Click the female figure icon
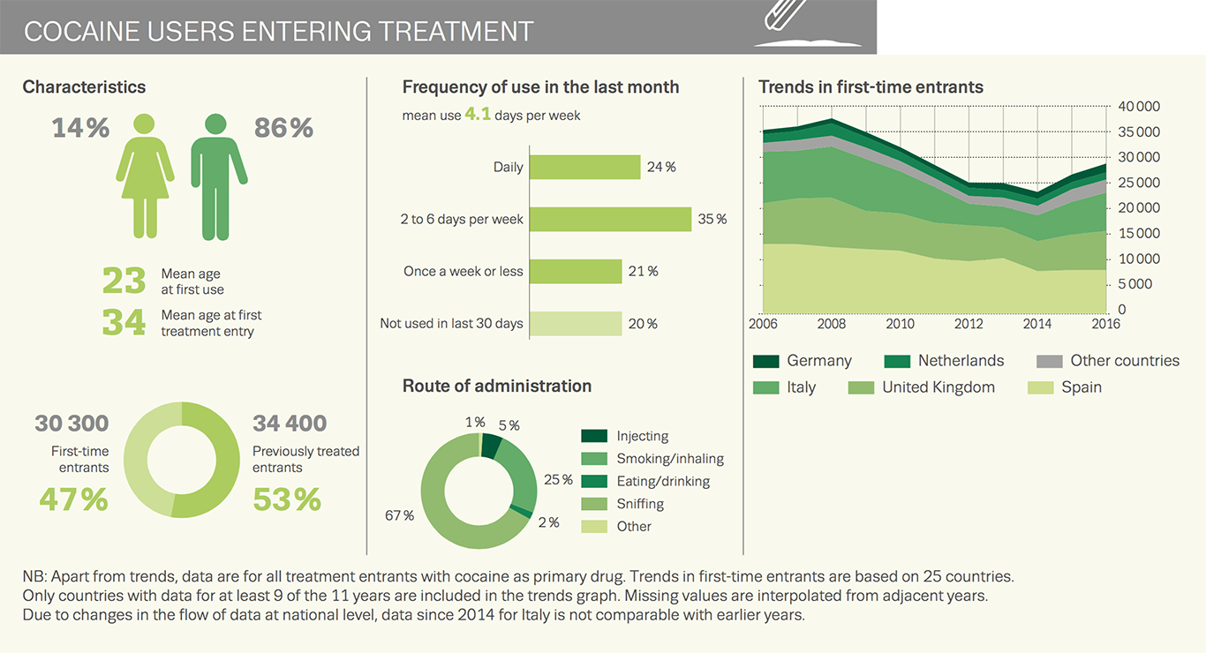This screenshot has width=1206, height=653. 145,176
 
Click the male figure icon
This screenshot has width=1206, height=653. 219,176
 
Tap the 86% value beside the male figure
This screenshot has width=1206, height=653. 283,129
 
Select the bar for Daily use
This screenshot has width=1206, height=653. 584,167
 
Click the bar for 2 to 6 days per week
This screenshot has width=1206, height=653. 610,219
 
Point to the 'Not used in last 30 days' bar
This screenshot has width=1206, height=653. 576,323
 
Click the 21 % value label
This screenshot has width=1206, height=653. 643,272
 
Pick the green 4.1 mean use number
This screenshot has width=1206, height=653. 478,115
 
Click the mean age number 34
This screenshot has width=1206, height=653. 124,322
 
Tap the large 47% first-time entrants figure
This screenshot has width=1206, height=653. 73,499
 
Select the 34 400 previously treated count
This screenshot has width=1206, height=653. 290,424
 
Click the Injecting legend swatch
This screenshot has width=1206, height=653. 594,436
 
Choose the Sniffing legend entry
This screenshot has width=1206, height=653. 640,504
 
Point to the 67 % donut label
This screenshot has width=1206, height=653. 399,515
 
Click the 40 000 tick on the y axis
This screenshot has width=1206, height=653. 1139,107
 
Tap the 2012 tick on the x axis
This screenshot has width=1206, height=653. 969,324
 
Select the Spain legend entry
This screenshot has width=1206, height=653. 1081,387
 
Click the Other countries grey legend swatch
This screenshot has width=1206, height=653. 1049,361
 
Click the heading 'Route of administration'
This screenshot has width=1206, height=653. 497,386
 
